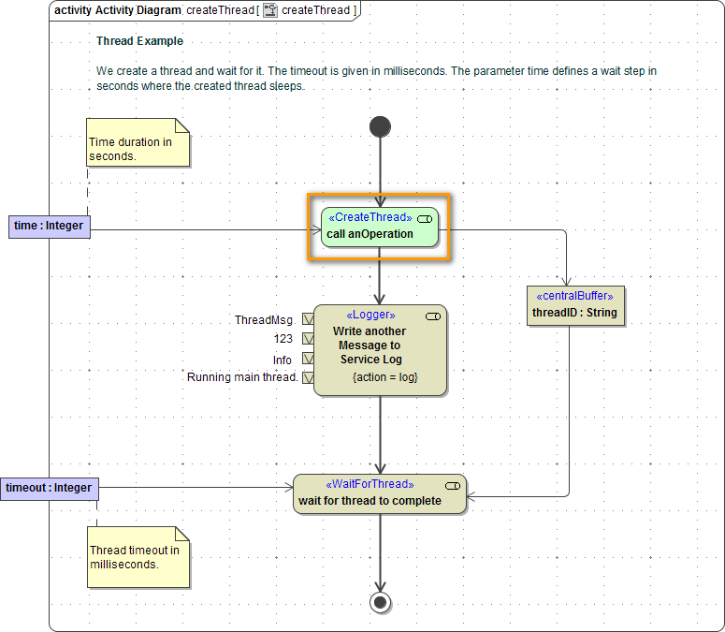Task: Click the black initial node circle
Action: [x=380, y=126]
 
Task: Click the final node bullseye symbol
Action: [x=380, y=601]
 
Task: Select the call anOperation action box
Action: [x=379, y=227]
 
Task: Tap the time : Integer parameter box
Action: [x=50, y=226]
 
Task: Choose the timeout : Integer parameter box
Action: [x=49, y=488]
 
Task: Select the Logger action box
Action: [x=379, y=349]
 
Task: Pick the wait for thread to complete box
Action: [x=379, y=493]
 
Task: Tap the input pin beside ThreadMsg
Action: [x=307, y=320]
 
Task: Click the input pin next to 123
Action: [x=307, y=339]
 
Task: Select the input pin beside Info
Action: [x=307, y=360]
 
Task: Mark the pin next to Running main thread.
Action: [x=307, y=377]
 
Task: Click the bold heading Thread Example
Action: [x=139, y=41]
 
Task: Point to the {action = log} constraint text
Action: [x=384, y=377]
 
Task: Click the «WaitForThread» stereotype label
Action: [x=369, y=484]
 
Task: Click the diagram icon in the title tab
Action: [x=270, y=11]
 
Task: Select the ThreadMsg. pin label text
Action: [x=265, y=320]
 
